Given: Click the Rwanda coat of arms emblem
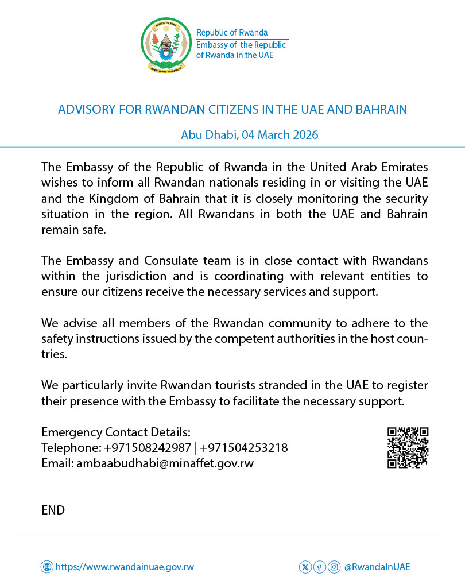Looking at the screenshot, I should (x=166, y=45).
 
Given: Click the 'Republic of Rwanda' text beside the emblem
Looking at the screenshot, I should (x=232, y=33).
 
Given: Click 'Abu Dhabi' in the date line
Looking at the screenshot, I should (x=209, y=135).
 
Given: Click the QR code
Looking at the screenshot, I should (x=408, y=448).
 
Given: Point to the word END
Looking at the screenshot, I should (x=53, y=510).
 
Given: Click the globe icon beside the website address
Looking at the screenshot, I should (x=46, y=567).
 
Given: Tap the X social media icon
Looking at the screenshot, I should (x=305, y=567).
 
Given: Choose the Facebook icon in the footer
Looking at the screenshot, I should (x=320, y=567).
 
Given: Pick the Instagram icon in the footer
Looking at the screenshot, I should (x=334, y=567).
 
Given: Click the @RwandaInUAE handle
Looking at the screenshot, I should (x=377, y=567).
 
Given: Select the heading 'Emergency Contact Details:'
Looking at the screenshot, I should (x=115, y=432).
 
